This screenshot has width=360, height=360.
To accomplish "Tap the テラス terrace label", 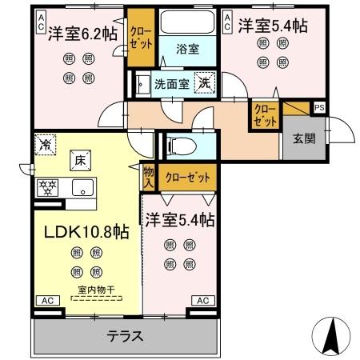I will click(x=126, y=337).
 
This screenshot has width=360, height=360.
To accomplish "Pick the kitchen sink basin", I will click(x=82, y=189).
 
